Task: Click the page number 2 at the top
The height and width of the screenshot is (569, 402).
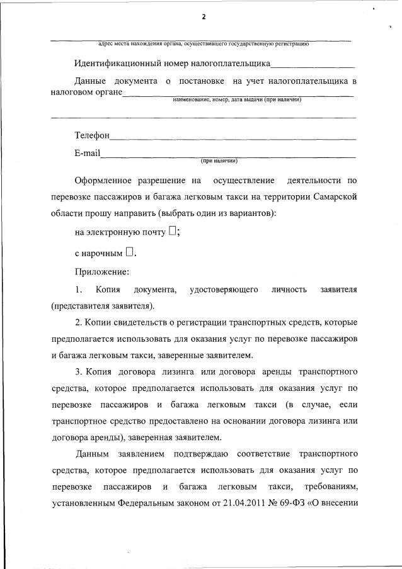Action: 204,17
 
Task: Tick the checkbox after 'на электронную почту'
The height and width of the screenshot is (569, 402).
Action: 173,231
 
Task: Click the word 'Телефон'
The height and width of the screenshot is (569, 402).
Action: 92,135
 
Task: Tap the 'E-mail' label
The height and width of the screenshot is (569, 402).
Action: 87,153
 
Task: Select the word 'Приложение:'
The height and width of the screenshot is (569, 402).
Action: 101,272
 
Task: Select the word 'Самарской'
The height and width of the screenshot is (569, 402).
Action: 334,196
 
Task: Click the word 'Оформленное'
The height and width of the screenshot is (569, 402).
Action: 105,181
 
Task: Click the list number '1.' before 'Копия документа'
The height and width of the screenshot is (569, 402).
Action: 79,290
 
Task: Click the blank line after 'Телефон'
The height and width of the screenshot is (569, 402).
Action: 233,137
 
